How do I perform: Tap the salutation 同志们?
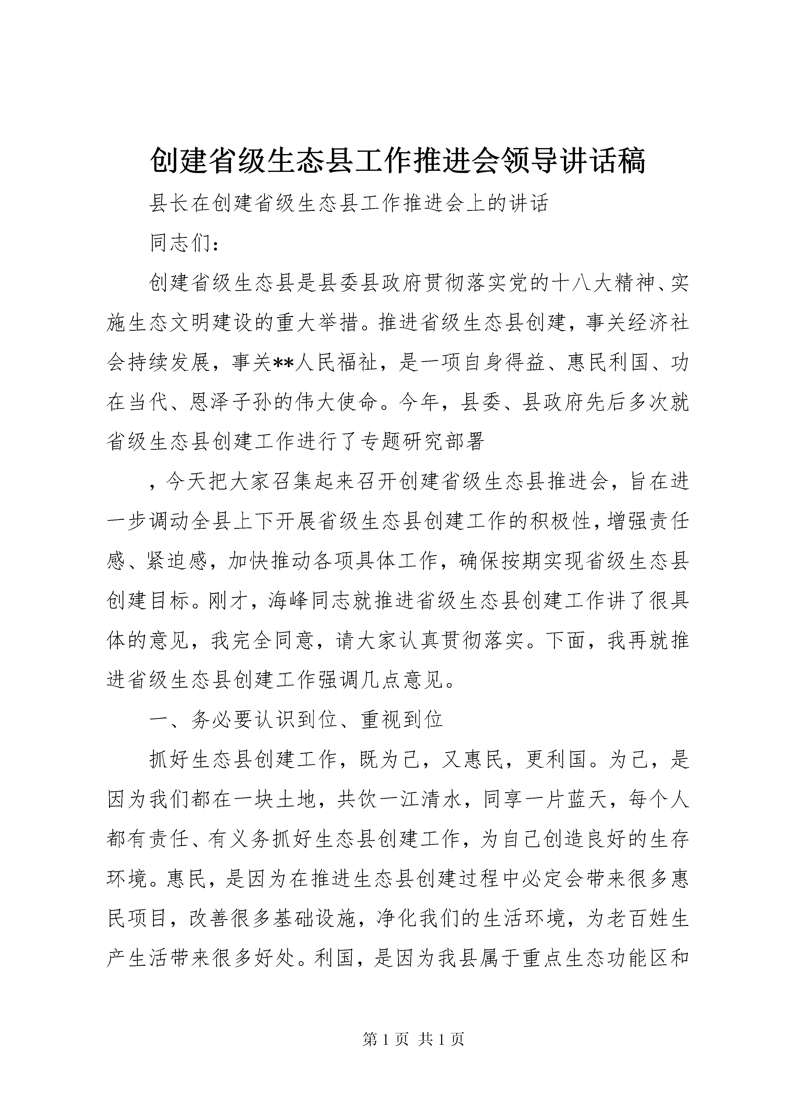181,243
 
